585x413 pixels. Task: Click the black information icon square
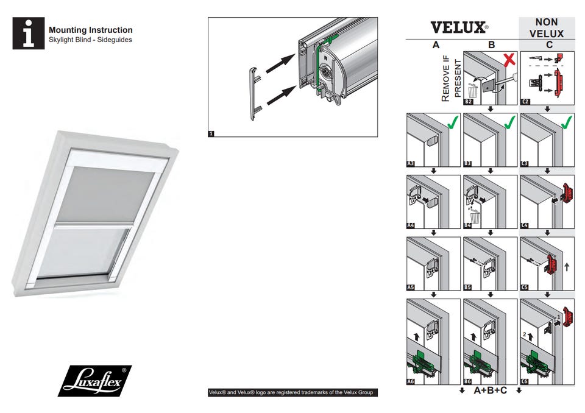(29, 33)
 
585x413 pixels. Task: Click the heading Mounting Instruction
(91, 30)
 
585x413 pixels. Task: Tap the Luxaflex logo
(95, 381)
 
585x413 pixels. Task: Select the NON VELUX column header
(547, 28)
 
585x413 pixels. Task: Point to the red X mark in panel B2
(509, 59)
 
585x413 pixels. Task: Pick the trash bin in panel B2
(473, 90)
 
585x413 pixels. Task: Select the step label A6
(410, 381)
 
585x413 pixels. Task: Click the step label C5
(525, 288)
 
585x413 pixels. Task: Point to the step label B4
(467, 225)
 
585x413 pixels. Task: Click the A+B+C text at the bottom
(490, 390)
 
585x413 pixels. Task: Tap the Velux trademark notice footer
(292, 392)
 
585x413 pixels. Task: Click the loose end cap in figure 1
(254, 94)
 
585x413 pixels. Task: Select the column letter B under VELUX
(491, 44)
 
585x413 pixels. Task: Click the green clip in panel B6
(479, 360)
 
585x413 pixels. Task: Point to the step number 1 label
(211, 133)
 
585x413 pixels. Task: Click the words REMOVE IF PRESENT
(451, 79)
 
